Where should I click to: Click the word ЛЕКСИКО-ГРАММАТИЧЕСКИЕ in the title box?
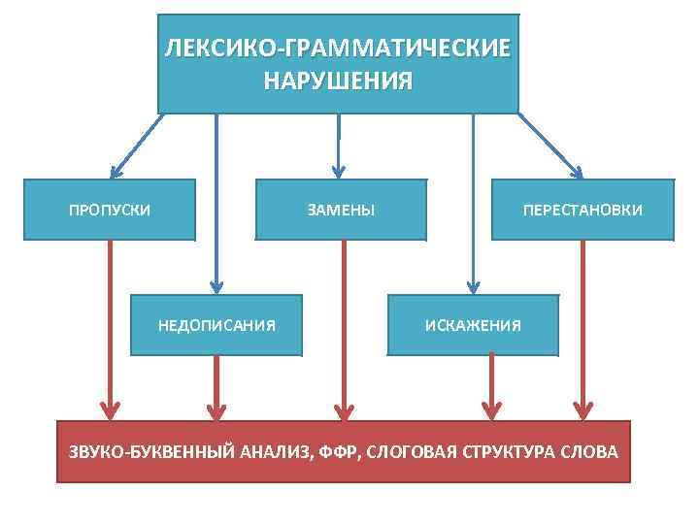tap(337, 49)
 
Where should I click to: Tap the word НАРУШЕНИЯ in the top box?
tap(337, 81)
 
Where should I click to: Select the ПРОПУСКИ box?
tap(109, 210)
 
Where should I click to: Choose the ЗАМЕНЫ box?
tap(341, 210)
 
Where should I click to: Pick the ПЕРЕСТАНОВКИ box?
tap(582, 210)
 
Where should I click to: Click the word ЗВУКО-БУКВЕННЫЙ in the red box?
tap(135, 452)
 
